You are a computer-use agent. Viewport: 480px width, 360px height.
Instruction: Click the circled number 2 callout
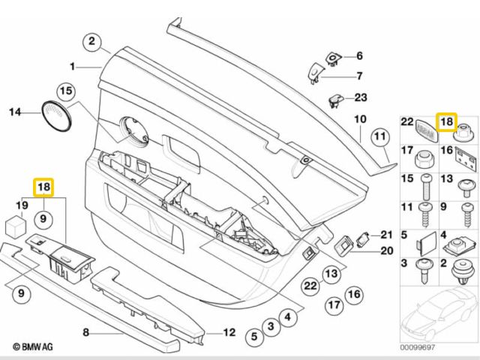[93, 41]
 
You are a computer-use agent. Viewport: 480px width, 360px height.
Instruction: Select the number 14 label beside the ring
[15, 113]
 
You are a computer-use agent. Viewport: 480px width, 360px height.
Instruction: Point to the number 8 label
[85, 331]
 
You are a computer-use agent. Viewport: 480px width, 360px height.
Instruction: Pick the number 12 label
[229, 332]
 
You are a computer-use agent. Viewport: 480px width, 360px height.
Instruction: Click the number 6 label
[358, 56]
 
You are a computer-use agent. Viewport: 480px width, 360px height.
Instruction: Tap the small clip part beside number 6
[333, 55]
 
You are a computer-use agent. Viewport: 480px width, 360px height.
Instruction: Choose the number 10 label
[359, 118]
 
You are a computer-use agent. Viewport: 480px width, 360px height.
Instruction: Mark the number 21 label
[386, 234]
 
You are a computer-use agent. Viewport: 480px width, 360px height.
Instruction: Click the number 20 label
[386, 250]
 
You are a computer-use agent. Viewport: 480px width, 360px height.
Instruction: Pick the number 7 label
[358, 75]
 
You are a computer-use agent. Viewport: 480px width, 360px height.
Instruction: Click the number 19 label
[22, 205]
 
